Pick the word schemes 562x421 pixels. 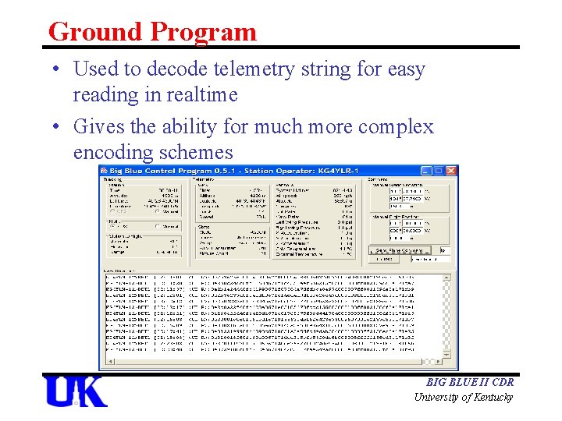199,152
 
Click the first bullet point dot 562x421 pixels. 59,69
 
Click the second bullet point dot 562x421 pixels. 59,126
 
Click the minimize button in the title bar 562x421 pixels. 426,171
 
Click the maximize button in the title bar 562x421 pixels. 439,171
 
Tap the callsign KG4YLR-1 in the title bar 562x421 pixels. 340,171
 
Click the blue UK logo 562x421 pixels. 76,391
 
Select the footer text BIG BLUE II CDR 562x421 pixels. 470,383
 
